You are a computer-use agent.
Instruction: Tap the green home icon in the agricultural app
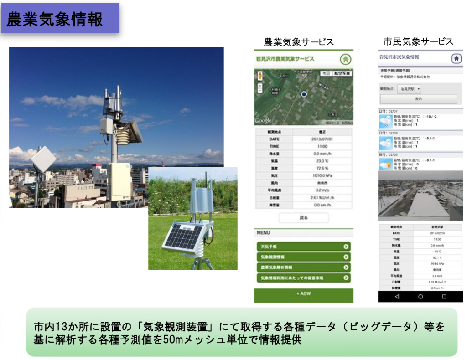[x=346, y=59]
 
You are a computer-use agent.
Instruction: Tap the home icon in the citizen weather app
[x=456, y=58]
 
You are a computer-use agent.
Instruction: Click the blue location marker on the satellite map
[x=303, y=94]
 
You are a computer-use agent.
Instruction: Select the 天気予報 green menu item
[x=303, y=247]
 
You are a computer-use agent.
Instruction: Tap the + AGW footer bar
[x=303, y=294]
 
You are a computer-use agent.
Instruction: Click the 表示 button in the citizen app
[x=418, y=99]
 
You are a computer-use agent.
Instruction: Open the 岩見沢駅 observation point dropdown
[x=409, y=89]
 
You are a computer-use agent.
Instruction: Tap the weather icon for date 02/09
[x=386, y=163]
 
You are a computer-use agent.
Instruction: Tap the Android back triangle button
[x=396, y=296]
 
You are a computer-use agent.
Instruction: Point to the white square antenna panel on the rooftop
[x=43, y=159]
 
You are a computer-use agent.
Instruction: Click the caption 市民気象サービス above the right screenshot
[x=418, y=41]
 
